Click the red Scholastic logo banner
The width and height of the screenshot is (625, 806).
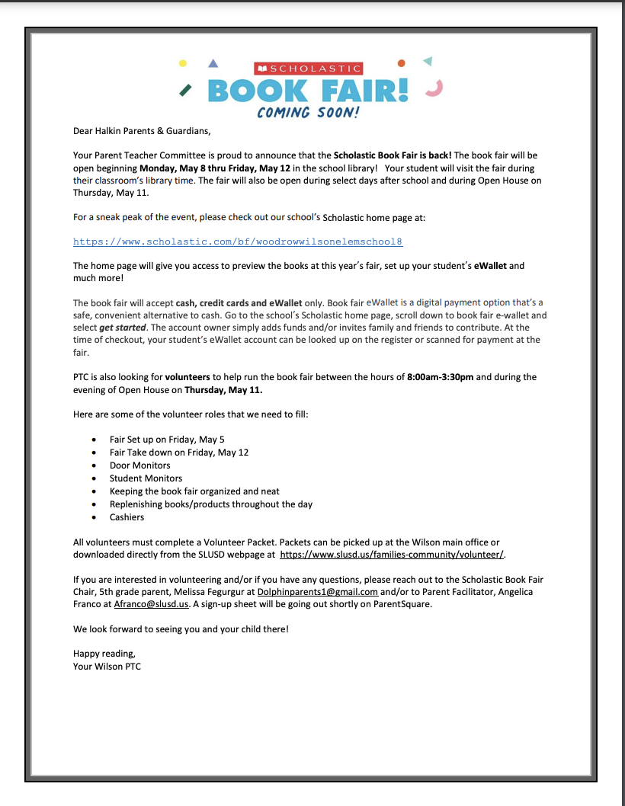coord(308,69)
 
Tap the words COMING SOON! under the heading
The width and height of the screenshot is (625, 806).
coord(309,113)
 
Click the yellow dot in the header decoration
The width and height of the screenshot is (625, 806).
coord(182,63)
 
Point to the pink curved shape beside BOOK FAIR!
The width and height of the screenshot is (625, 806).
coord(434,89)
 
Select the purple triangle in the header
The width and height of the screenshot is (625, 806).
coord(213,63)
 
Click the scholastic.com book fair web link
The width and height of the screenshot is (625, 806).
coord(238,241)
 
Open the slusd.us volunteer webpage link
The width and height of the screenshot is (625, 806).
coord(392,555)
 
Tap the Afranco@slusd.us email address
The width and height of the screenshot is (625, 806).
coord(151,604)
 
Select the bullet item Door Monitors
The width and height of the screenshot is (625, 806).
coord(139,465)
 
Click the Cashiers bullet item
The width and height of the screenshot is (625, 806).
coord(127,517)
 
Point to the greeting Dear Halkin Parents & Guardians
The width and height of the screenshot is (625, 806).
coord(140,130)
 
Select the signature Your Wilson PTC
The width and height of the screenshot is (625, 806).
coord(107,667)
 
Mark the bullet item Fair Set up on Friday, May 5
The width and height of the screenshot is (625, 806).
coord(167,440)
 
